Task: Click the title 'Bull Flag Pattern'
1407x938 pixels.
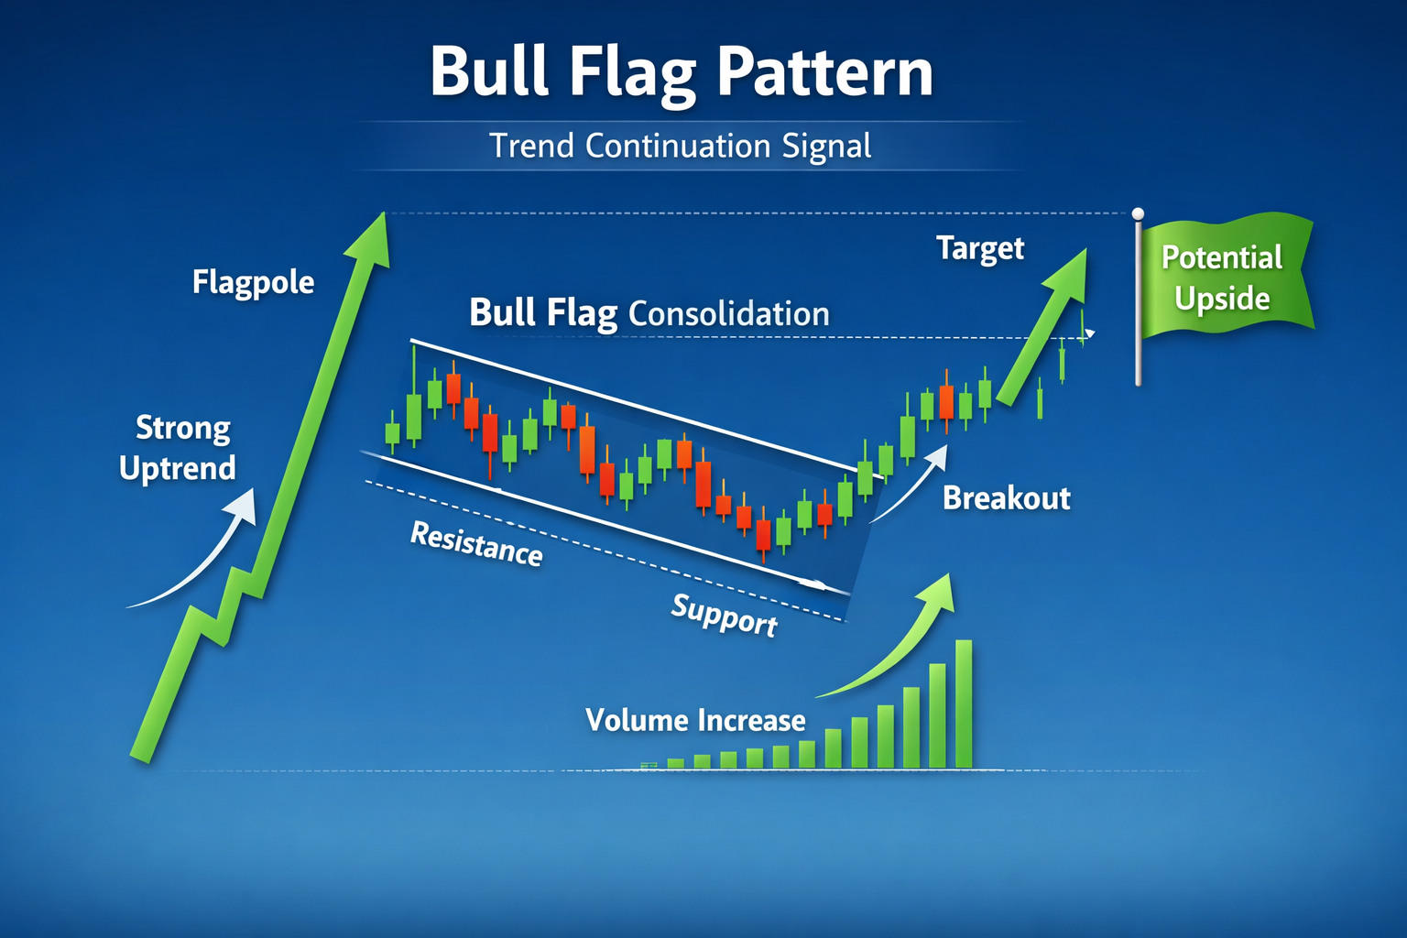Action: pyautogui.click(x=682, y=73)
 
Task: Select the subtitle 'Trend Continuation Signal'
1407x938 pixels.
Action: pyautogui.click(x=681, y=146)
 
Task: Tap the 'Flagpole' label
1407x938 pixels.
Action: pyautogui.click(x=253, y=282)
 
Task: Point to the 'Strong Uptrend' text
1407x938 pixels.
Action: pyautogui.click(x=178, y=447)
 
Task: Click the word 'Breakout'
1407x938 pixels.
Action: pyautogui.click(x=1007, y=498)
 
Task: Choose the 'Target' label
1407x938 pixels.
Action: pyautogui.click(x=980, y=249)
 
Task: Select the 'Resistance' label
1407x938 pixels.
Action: pyautogui.click(x=476, y=545)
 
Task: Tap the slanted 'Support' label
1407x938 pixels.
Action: pyautogui.click(x=725, y=616)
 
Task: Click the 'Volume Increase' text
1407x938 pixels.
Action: pyautogui.click(x=695, y=720)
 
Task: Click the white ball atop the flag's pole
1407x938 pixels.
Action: pyautogui.click(x=1139, y=213)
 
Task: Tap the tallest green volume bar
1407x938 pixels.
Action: pyautogui.click(x=964, y=704)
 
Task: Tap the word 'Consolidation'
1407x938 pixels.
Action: pyautogui.click(x=728, y=313)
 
